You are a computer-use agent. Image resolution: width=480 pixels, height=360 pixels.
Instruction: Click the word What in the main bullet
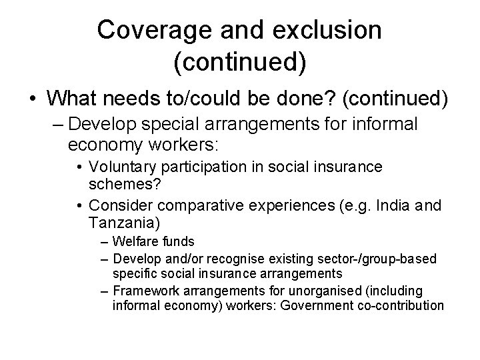click(73, 99)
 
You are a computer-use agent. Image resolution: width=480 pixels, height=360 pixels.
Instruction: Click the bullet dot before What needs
click(33, 99)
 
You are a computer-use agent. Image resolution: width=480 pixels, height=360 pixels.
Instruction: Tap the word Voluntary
click(125, 167)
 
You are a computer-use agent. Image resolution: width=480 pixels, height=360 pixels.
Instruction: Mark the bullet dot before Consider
click(81, 205)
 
